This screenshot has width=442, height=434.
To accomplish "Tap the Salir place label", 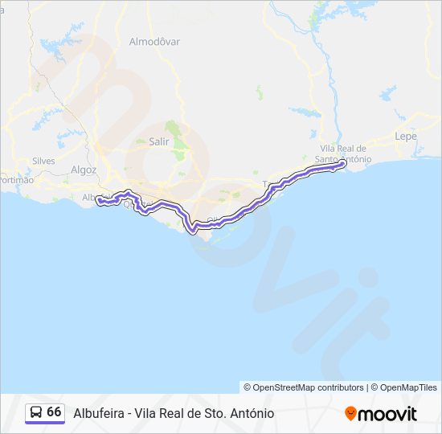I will click(x=159, y=141).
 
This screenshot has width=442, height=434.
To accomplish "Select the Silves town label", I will click(x=43, y=161).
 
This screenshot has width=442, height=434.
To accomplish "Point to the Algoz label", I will click(x=84, y=170).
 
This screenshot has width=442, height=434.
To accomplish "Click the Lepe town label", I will click(x=406, y=137).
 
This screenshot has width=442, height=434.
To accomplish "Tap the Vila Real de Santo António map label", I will click(x=343, y=154).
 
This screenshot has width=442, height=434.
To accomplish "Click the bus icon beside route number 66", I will click(x=36, y=412).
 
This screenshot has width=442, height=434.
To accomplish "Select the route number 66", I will click(x=54, y=411).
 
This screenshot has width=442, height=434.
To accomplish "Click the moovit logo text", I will click(x=388, y=413).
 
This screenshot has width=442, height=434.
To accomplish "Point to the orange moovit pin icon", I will click(x=350, y=413).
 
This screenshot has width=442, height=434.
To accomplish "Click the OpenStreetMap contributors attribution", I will click(x=304, y=387).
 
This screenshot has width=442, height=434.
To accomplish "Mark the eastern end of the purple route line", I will click(x=344, y=164).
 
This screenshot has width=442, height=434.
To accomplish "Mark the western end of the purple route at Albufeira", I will click(x=99, y=201).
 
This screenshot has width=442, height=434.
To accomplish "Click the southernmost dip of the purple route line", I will click(x=193, y=231).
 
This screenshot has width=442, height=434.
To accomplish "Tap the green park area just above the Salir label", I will click(x=172, y=128).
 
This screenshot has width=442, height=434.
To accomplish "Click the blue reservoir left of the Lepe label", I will click(x=387, y=92).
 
